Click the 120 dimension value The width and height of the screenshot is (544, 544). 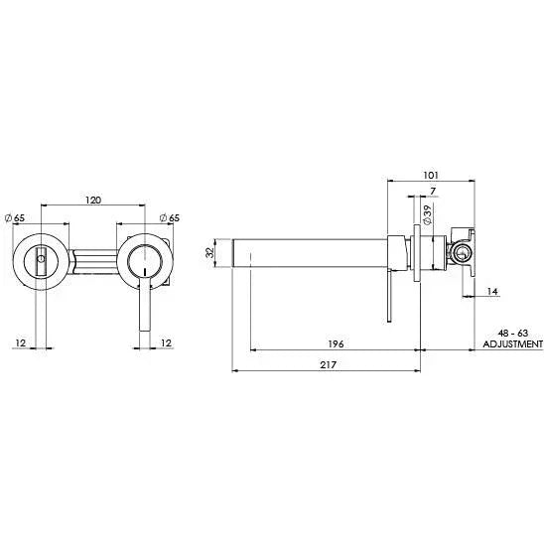92,201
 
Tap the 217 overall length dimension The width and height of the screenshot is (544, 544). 328,365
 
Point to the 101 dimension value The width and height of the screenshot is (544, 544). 430,176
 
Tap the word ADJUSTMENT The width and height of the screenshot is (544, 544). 511,343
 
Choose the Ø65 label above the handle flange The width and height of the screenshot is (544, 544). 170,217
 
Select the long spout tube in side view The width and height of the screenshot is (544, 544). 308,252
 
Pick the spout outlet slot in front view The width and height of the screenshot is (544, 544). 40,262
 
